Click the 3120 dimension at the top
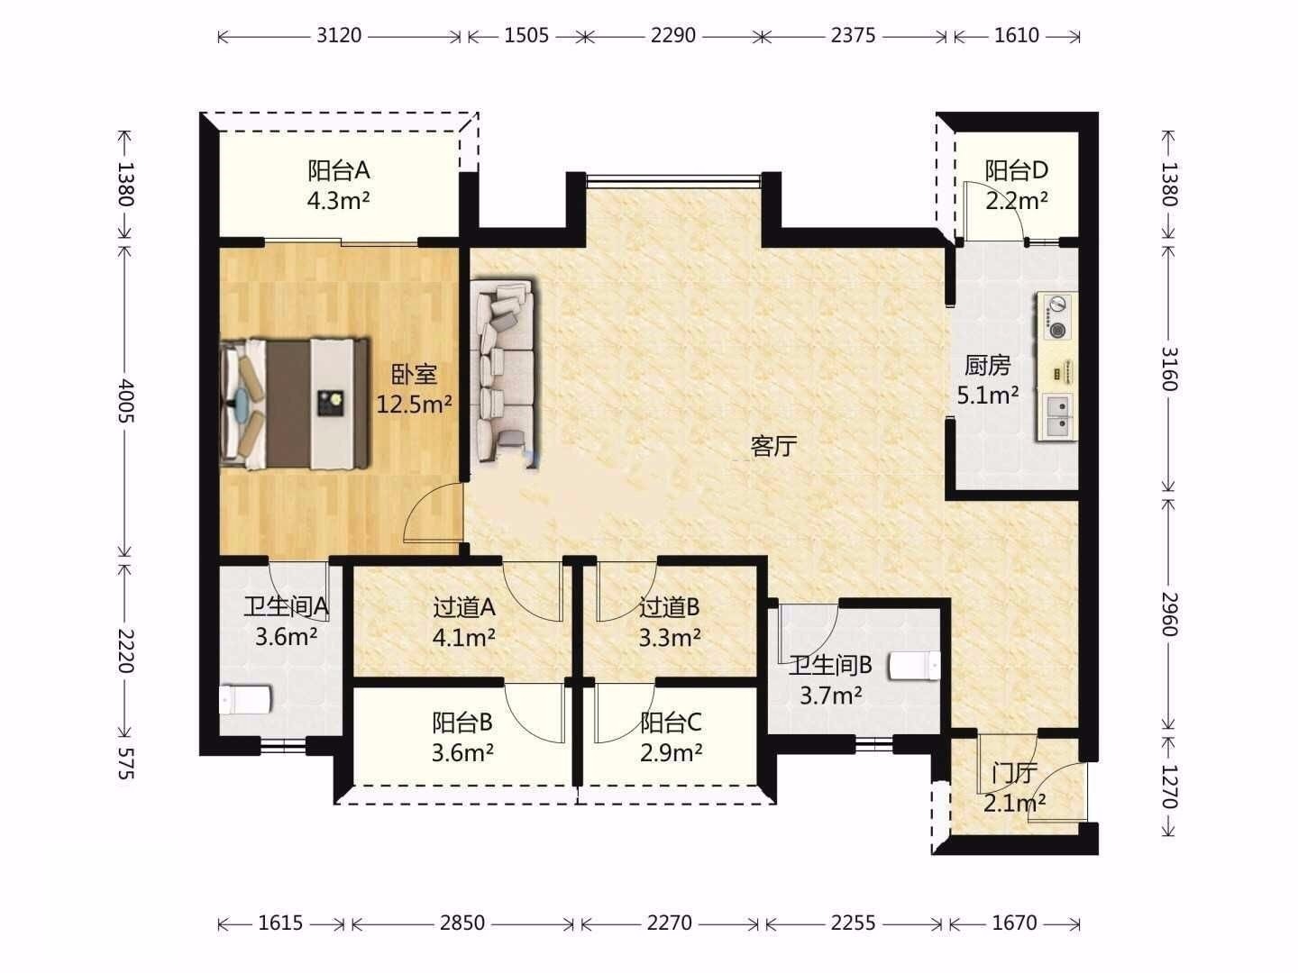(x=339, y=35)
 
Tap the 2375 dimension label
(x=853, y=35)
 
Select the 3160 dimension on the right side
(x=1169, y=369)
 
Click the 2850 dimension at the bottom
(x=462, y=923)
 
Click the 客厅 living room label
(x=773, y=446)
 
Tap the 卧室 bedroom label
(x=415, y=375)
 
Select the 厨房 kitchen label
(x=988, y=366)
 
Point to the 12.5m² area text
(x=415, y=405)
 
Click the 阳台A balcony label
(x=338, y=171)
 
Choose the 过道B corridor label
(x=670, y=606)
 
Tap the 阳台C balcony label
(x=671, y=722)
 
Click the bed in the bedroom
(x=294, y=404)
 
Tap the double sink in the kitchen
(x=1058, y=416)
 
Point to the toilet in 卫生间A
(x=245, y=699)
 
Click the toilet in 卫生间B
(x=915, y=666)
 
